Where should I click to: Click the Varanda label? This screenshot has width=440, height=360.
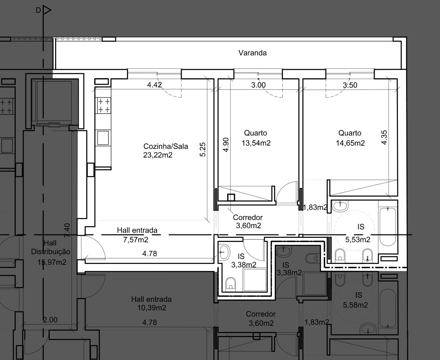point(253,53)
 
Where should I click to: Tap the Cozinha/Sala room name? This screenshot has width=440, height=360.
point(166,146)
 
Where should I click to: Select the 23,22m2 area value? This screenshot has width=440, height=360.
point(158,155)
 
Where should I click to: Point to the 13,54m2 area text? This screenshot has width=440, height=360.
point(256,143)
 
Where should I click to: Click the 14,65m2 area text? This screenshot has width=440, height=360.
point(350,143)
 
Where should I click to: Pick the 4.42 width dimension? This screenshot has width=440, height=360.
point(154,85)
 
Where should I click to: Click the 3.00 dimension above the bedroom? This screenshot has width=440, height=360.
point(258,85)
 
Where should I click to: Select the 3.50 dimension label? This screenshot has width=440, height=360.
point(350,85)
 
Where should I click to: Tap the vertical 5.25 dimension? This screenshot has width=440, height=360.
point(203,150)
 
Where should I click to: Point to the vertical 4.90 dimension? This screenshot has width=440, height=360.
point(226,145)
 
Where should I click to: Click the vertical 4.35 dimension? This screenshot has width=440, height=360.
point(384,137)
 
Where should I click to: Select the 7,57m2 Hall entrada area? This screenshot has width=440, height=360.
point(135,240)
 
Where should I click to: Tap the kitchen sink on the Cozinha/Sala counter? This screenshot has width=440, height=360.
point(103,138)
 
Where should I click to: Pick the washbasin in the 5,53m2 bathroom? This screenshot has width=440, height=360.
point(340,206)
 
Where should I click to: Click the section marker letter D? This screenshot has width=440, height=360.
point(38,10)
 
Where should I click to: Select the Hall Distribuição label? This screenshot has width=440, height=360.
point(51,247)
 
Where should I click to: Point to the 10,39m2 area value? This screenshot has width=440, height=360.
point(152,308)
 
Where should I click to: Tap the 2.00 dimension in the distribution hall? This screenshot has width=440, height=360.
point(50,320)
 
